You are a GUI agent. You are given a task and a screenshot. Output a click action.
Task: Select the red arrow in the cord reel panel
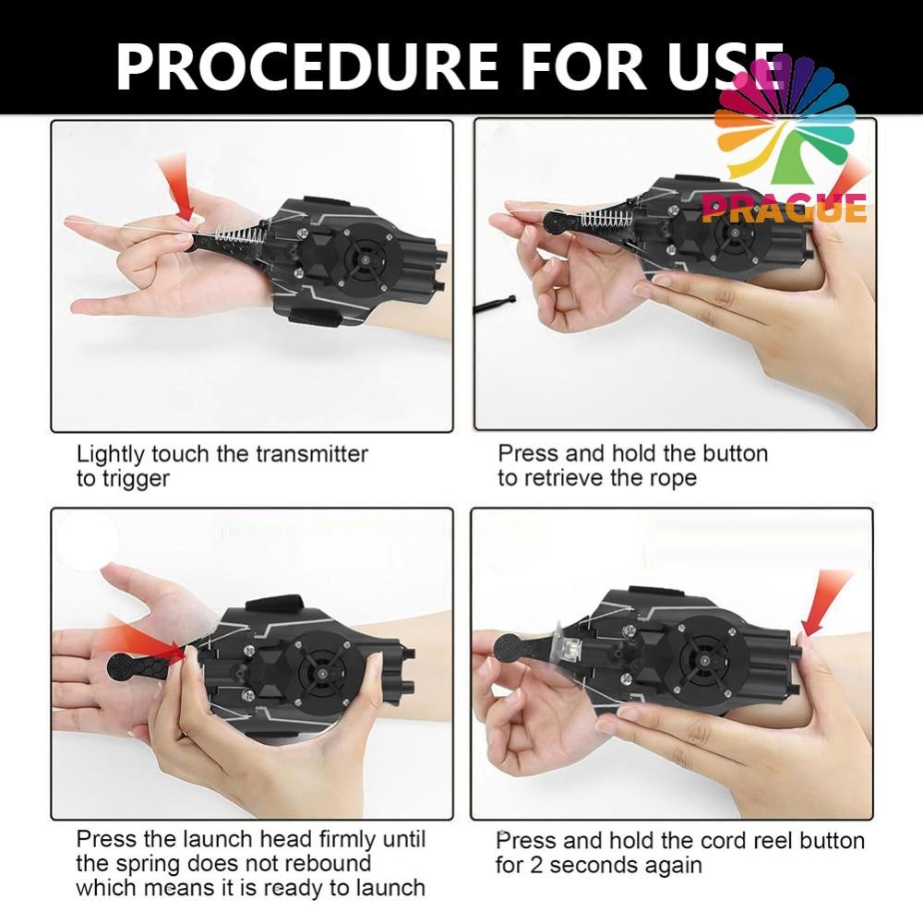point(824,602)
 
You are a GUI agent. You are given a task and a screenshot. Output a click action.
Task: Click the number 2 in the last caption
point(535,866)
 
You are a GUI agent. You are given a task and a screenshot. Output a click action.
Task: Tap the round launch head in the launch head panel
point(120,667)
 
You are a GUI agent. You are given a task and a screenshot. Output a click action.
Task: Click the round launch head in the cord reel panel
point(506,649)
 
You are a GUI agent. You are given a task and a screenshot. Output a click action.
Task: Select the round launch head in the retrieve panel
point(554,223)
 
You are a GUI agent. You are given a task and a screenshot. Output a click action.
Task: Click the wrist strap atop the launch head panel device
point(275,607)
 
